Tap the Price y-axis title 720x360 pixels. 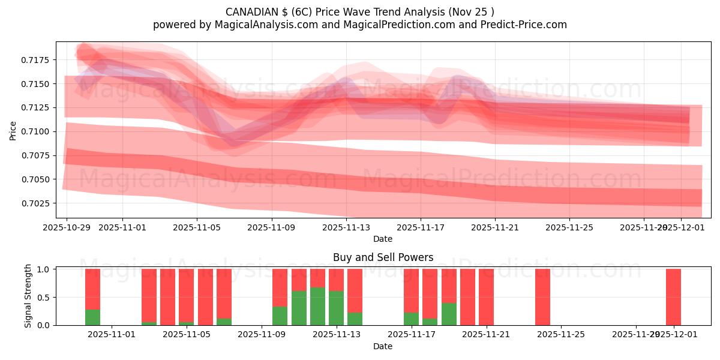[x=13, y=130]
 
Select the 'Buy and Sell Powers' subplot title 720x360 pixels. [x=383, y=257]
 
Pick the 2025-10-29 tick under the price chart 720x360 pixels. [x=67, y=227]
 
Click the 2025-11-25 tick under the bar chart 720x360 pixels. [x=561, y=334]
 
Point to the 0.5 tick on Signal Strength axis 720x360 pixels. [x=44, y=297]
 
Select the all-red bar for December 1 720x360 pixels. [x=673, y=297]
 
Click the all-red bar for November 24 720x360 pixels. [x=542, y=297]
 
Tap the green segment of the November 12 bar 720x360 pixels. [x=317, y=306]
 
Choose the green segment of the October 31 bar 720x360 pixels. [x=92, y=317]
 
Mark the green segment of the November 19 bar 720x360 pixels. [x=449, y=314]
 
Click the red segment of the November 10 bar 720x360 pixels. [x=280, y=287]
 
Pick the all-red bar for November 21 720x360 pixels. [x=486, y=297]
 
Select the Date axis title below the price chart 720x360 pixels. [x=383, y=239]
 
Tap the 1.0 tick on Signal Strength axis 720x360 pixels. [x=44, y=269]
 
